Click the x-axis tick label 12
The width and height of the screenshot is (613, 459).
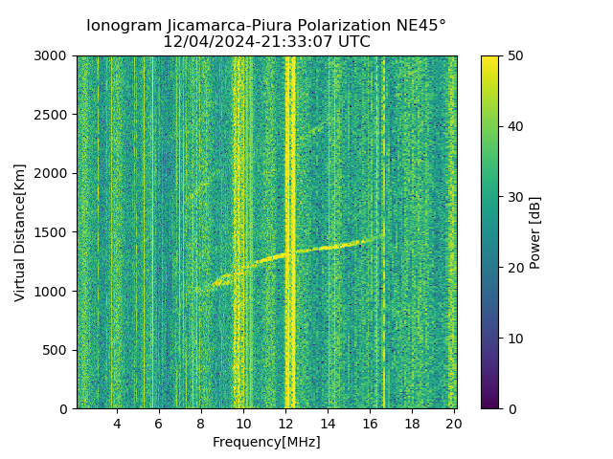(x=285, y=424)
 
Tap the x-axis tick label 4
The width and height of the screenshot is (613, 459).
(x=117, y=424)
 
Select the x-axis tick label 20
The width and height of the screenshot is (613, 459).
(x=454, y=424)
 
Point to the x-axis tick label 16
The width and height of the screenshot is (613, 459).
(x=370, y=424)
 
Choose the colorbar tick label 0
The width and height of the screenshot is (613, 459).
(x=510, y=409)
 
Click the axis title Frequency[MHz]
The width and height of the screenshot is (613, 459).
(x=266, y=442)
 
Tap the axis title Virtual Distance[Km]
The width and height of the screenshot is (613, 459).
(x=20, y=232)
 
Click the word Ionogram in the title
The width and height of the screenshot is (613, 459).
(x=123, y=26)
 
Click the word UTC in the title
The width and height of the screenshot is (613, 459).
(x=352, y=42)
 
